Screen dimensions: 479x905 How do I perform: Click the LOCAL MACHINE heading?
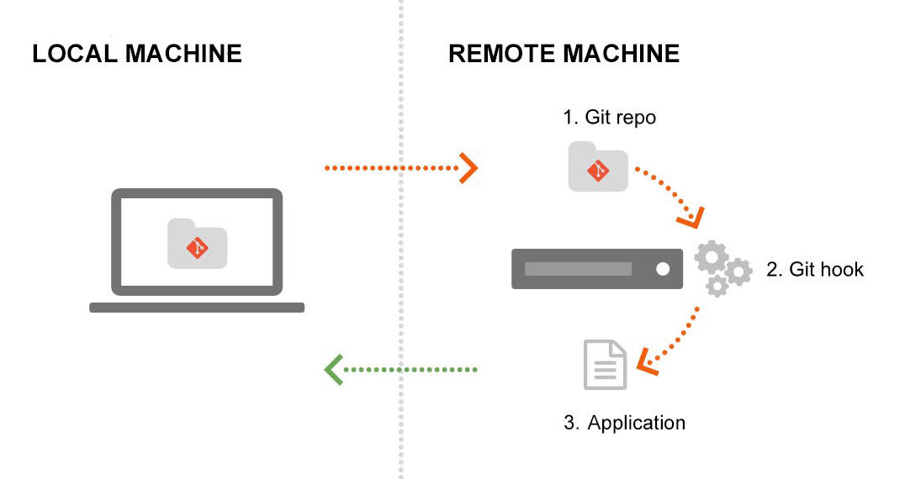point(137,55)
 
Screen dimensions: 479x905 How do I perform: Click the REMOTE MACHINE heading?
point(564,55)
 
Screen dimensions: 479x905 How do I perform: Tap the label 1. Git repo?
point(609,118)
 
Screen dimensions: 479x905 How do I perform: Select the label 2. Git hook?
point(814,270)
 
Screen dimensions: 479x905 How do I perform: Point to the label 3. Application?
point(624,423)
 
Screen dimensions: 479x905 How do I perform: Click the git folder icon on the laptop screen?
point(198,245)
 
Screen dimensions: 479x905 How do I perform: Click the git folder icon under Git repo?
point(597,166)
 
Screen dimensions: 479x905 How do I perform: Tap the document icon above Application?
point(606,365)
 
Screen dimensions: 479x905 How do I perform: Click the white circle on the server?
point(663,269)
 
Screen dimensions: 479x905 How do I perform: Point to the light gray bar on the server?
point(578,269)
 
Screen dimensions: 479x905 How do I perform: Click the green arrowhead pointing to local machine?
point(334,370)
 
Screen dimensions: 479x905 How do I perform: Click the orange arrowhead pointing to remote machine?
point(468,168)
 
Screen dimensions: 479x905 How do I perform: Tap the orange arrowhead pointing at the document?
point(646,361)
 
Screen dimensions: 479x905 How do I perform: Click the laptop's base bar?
point(197,308)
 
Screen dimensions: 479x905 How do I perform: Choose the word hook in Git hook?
point(843,270)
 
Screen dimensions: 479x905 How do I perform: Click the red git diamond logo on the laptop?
point(198,248)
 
